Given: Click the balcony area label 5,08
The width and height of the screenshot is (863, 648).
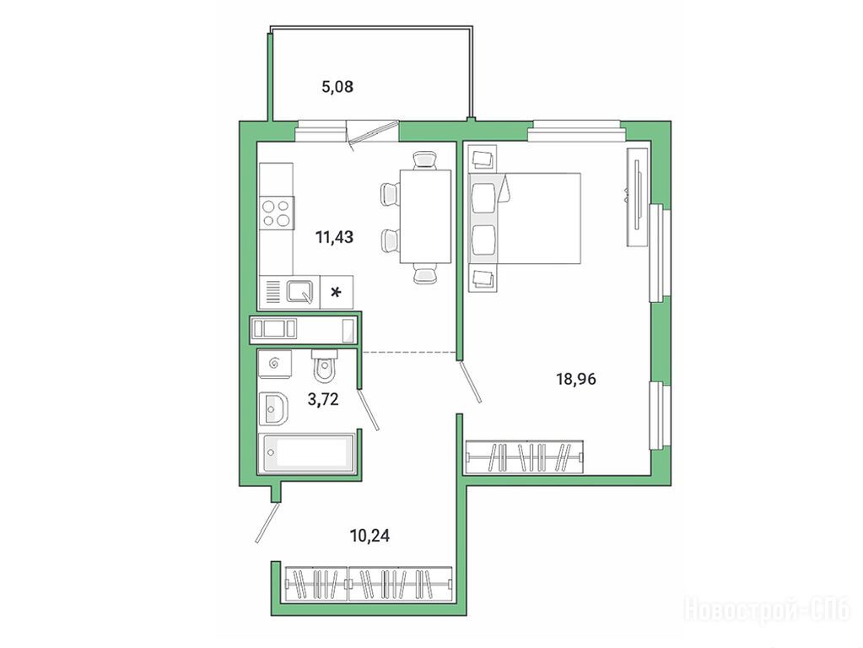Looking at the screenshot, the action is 337,86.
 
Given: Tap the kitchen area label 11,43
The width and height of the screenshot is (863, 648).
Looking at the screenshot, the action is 334,237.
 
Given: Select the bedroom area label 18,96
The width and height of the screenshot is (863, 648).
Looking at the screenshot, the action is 576,379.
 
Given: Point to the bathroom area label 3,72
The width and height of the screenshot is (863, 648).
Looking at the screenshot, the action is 323,399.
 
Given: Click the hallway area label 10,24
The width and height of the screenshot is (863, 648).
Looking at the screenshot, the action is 369,535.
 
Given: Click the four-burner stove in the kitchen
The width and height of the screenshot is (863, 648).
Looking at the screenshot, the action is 277,213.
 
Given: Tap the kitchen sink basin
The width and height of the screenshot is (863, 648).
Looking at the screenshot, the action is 300,292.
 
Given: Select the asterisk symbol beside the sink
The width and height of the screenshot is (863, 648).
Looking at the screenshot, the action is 335,292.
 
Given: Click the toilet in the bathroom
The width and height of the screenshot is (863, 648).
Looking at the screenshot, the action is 324,365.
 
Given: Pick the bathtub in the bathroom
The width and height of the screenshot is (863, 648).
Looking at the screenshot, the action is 307,452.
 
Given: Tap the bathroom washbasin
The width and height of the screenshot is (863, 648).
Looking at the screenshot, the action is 273,408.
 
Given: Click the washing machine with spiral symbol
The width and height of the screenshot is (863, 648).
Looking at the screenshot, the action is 275,364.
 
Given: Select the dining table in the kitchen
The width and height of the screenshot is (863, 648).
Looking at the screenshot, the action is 425,217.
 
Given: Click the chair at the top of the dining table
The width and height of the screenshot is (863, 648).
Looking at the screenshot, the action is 425,160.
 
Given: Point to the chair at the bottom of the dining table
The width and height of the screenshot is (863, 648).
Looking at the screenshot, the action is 425,273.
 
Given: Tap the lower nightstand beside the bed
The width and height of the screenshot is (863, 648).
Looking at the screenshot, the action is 483,278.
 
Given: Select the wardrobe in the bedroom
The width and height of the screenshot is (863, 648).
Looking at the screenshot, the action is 524,457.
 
